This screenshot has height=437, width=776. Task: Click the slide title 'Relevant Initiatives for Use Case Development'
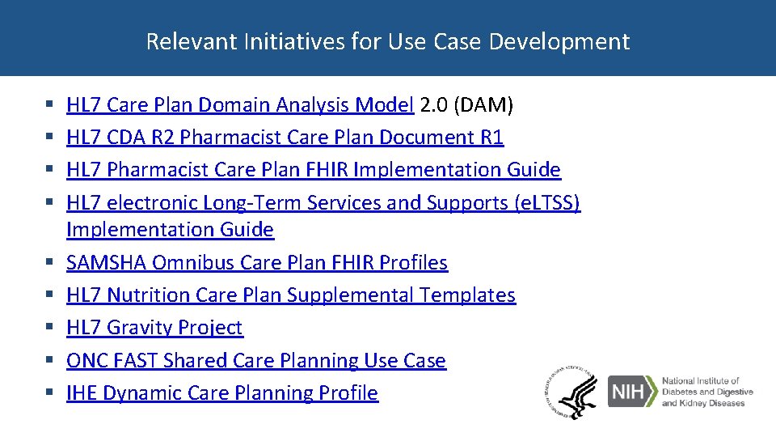pyautogui.click(x=387, y=41)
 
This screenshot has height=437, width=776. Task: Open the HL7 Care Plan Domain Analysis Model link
pyautogui.click(x=240, y=105)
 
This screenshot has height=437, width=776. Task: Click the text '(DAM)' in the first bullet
pyautogui.click(x=483, y=105)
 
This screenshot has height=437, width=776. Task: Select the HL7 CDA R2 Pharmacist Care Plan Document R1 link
pyautogui.click(x=285, y=138)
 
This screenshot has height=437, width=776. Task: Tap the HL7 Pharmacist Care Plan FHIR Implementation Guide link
pyautogui.click(x=313, y=170)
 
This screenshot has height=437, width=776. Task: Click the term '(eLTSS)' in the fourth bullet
pyautogui.click(x=547, y=202)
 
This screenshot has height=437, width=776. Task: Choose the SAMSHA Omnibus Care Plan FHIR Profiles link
pyautogui.click(x=256, y=263)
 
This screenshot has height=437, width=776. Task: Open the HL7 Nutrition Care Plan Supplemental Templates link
pyautogui.click(x=290, y=295)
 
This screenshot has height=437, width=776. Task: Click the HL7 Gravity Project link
pyautogui.click(x=154, y=328)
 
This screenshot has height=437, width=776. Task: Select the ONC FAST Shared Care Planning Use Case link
pyautogui.click(x=255, y=360)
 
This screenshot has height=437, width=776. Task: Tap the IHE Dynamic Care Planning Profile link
pyautogui.click(x=221, y=393)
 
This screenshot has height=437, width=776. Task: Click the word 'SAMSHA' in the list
pyautogui.click(x=106, y=263)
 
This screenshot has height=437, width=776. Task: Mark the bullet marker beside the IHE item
pyautogui.click(x=49, y=393)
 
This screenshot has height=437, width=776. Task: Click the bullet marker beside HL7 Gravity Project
pyautogui.click(x=49, y=328)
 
